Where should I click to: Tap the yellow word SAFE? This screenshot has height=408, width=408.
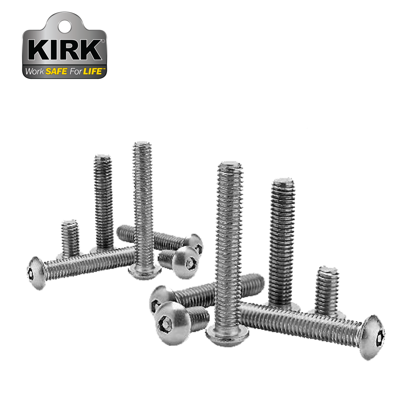coord(56,72)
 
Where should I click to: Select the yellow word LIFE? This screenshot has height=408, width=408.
coord(92,72)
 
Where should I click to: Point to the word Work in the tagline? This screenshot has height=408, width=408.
coord(35,72)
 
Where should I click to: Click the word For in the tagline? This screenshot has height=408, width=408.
coord(75,72)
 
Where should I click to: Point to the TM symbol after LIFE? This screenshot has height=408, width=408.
coord(104,69)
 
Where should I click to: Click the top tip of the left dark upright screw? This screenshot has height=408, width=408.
coord(103,157)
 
